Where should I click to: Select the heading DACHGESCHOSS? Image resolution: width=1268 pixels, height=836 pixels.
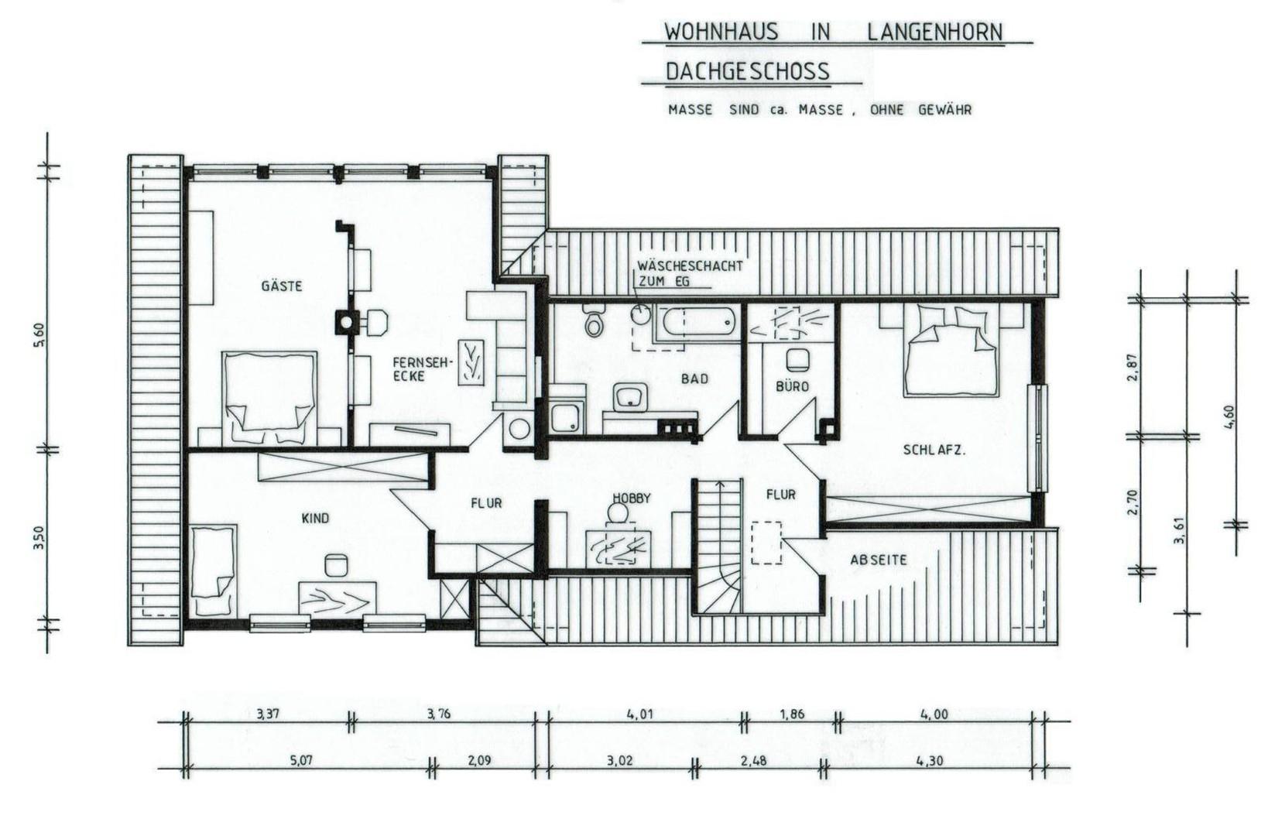pyautogui.click(x=747, y=72)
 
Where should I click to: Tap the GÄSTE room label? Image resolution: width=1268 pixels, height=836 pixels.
pyautogui.click(x=281, y=286)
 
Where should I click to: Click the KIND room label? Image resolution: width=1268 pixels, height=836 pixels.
pyautogui.click(x=314, y=518)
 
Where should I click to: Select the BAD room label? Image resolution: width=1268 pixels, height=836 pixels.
pyautogui.click(x=694, y=379)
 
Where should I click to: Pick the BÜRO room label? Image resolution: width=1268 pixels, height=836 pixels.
pyautogui.click(x=791, y=385)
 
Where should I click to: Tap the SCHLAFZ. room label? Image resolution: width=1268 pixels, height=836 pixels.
pyautogui.click(x=934, y=450)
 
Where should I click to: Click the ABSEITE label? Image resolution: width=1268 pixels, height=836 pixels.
pyautogui.click(x=878, y=560)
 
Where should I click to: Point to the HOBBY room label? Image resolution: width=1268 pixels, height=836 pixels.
pyautogui.click(x=632, y=499)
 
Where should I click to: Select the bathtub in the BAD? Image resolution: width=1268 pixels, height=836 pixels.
pyautogui.click(x=694, y=323)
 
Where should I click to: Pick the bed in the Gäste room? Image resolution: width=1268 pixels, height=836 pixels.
pyautogui.click(x=269, y=397)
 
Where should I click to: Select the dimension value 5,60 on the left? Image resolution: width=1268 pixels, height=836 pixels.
pyautogui.click(x=39, y=334)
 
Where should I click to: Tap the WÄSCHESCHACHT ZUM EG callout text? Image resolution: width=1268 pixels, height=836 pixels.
pyautogui.click(x=689, y=272)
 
